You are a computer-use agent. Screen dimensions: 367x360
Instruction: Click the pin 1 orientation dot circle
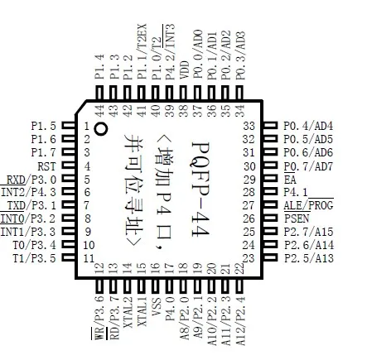[x=101, y=128]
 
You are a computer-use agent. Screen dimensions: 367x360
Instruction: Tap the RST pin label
[x=46, y=166]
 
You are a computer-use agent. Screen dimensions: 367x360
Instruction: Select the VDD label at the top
[x=184, y=70]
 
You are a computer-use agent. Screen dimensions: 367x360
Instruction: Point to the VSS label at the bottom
[x=156, y=307]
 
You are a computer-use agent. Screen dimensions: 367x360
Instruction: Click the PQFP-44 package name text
[x=200, y=189]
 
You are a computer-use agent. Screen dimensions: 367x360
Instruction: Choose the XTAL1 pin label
[x=142, y=312]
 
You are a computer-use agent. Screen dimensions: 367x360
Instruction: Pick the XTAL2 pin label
[x=128, y=312]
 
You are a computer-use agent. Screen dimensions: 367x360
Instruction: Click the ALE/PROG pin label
[x=308, y=205]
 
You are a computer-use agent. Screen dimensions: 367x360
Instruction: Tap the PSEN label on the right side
[x=297, y=218]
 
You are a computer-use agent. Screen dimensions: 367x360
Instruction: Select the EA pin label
[x=290, y=180]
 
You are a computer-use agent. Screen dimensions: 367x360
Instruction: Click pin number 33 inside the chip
[x=249, y=126]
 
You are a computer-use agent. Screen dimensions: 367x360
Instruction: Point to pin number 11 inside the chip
[x=89, y=258]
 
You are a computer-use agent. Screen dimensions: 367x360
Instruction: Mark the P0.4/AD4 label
[x=308, y=126]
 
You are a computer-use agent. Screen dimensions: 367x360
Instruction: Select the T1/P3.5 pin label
[x=34, y=258]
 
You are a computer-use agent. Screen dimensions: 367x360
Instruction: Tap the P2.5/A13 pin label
[x=309, y=258]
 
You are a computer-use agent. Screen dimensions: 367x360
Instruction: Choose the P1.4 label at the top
[x=99, y=67]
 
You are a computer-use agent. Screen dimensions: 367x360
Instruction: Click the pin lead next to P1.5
[x=68, y=126]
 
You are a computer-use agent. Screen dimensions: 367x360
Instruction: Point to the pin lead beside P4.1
[x=270, y=192]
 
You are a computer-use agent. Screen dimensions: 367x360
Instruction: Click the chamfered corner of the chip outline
[x=81, y=107]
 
